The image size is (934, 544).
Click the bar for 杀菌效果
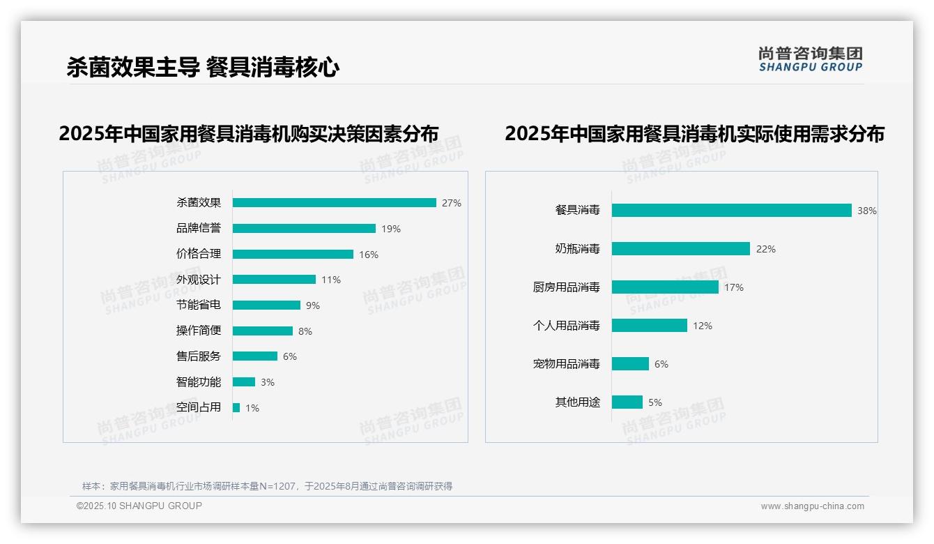334,203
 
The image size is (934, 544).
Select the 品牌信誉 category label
199,229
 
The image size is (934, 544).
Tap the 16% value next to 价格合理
369,255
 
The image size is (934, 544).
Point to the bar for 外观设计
274,280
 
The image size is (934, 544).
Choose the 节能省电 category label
199,305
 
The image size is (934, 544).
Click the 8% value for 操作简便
305,331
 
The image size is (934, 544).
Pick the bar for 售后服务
255,356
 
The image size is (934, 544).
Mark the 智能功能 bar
244,382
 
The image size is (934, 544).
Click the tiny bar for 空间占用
236,408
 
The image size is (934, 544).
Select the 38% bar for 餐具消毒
731,211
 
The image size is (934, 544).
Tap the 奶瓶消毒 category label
578,249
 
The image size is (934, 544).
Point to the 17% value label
734,287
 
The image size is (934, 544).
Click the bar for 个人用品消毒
650,326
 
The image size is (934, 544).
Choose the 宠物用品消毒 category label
567,364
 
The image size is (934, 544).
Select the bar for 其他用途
627,402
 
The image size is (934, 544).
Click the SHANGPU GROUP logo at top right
811,59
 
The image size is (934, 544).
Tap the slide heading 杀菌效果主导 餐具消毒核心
203,68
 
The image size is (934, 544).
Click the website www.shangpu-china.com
812,506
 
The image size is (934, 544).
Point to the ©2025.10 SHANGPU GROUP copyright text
139,506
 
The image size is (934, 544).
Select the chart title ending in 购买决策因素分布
249,134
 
